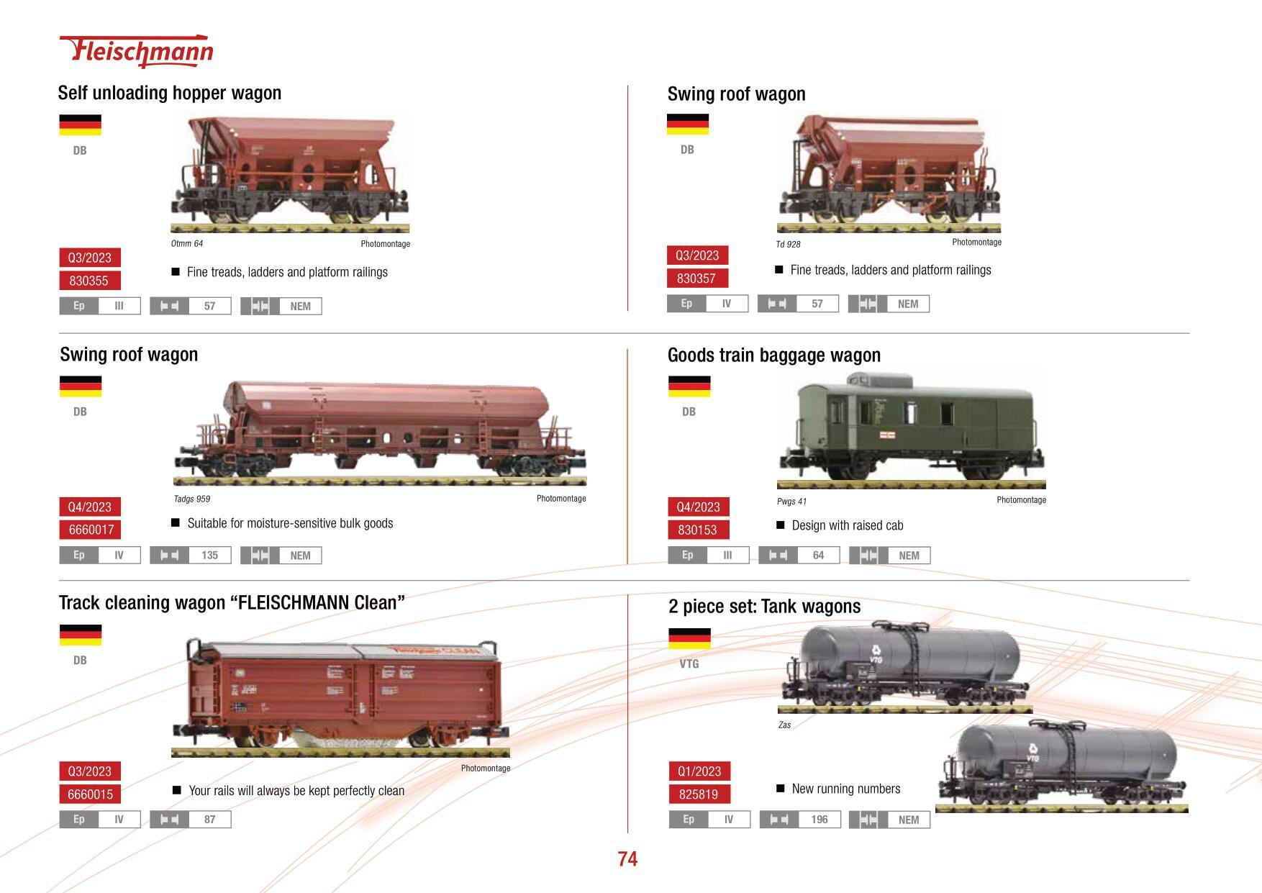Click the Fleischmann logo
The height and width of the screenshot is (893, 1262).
(137, 51)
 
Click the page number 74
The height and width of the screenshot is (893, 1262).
(627, 858)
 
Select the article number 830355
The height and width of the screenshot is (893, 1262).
(89, 281)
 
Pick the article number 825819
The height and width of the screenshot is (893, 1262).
(699, 794)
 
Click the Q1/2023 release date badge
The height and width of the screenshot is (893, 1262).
(699, 771)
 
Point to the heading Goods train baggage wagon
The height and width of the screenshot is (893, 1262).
(773, 355)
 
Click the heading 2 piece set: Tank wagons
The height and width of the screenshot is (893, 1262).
(764, 606)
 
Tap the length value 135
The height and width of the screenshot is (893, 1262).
(209, 555)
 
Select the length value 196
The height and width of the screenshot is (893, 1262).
(819, 820)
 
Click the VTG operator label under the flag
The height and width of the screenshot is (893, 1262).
(689, 663)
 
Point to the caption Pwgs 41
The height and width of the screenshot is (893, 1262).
(791, 502)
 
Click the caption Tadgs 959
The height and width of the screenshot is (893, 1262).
(192, 499)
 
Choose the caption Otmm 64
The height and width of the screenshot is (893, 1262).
(187, 244)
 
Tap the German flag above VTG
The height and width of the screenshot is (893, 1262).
(689, 638)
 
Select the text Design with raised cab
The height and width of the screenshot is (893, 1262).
(847, 525)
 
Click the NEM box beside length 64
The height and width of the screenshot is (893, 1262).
(909, 556)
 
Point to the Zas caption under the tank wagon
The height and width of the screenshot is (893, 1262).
(784, 725)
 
